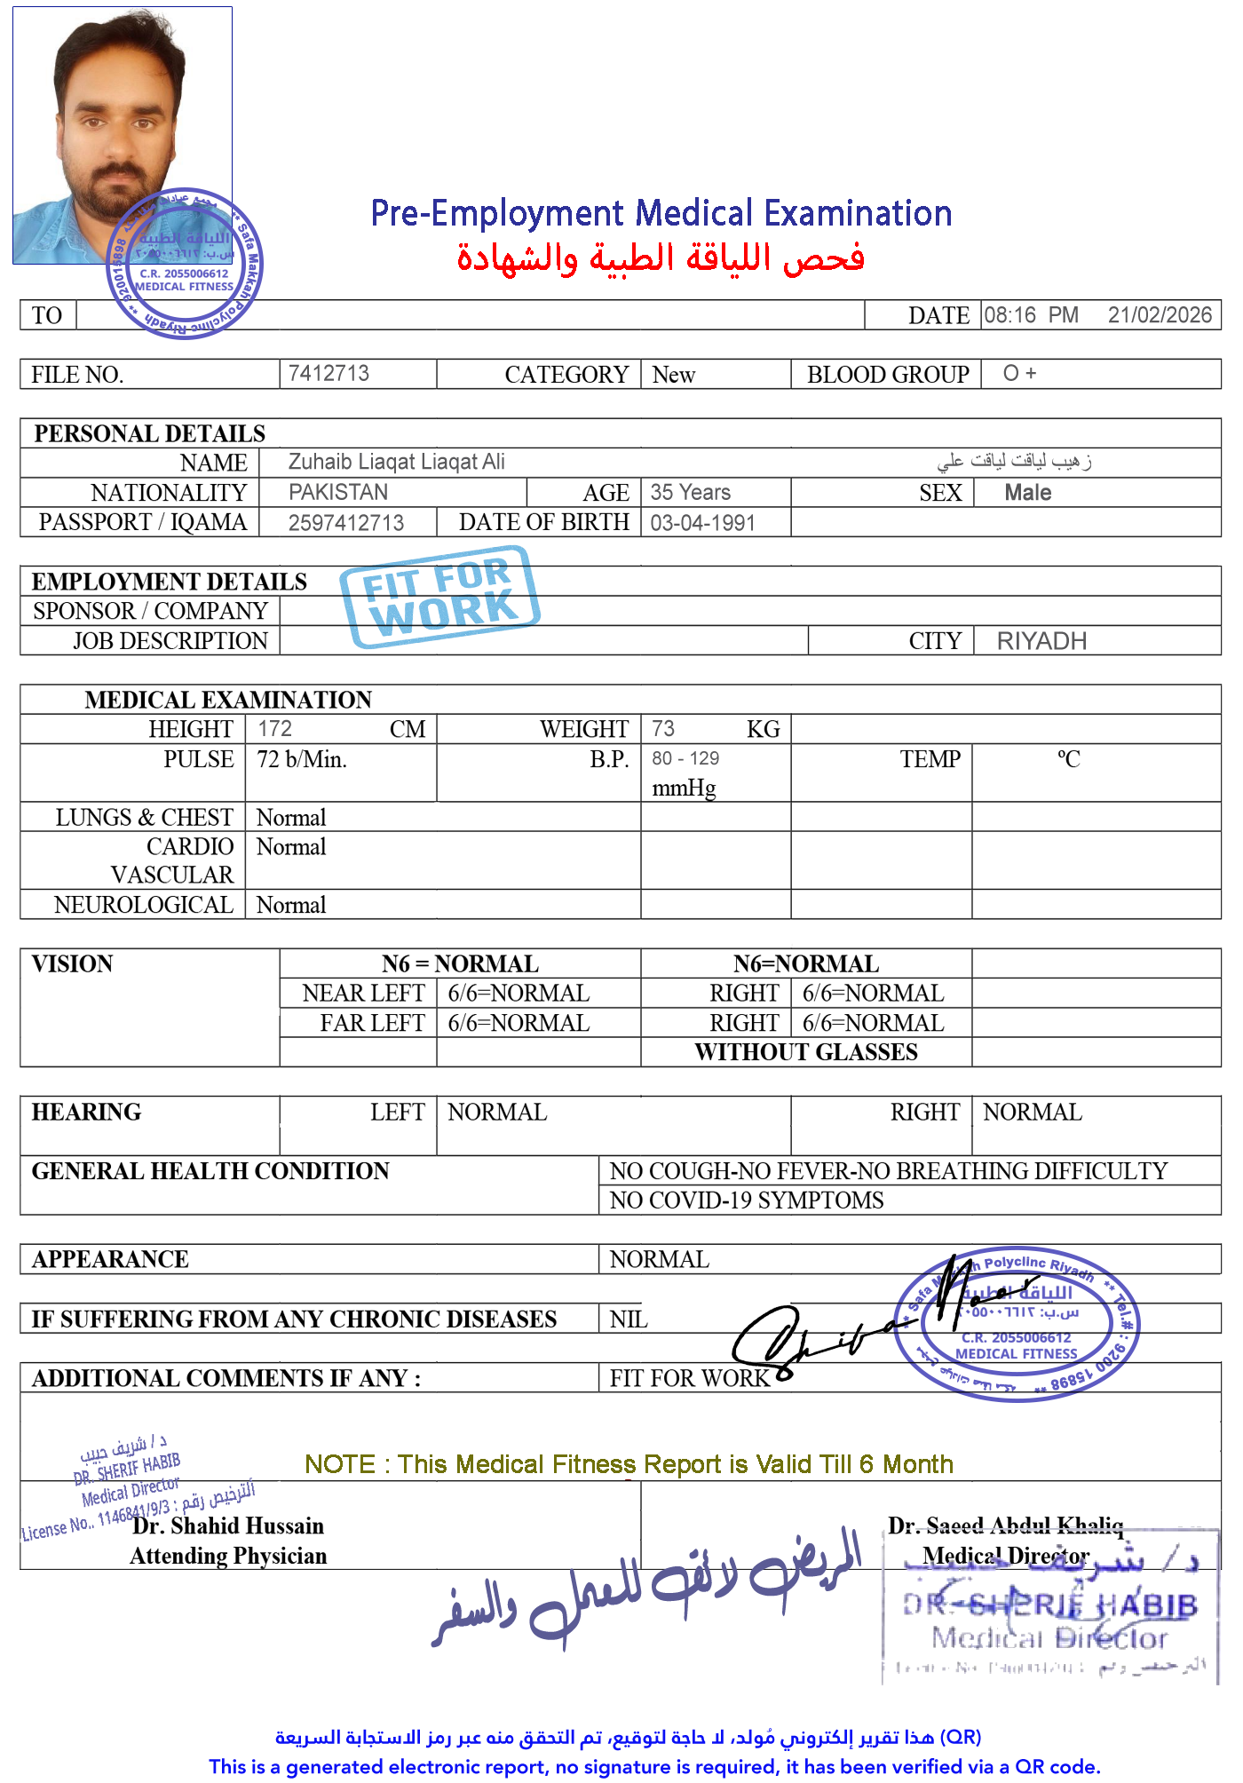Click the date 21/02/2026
click(1159, 315)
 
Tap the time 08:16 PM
click(1030, 315)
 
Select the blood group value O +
click(1019, 373)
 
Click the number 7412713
click(329, 373)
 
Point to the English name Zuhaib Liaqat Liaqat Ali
click(396, 462)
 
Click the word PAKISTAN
click(338, 492)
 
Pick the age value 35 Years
click(690, 492)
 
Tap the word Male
click(1027, 493)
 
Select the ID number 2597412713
click(345, 523)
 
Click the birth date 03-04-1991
click(702, 523)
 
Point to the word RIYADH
click(1041, 641)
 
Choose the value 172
click(274, 728)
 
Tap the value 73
click(662, 728)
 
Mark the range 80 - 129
click(685, 759)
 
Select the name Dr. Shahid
click(186, 1525)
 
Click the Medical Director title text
click(1005, 1556)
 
